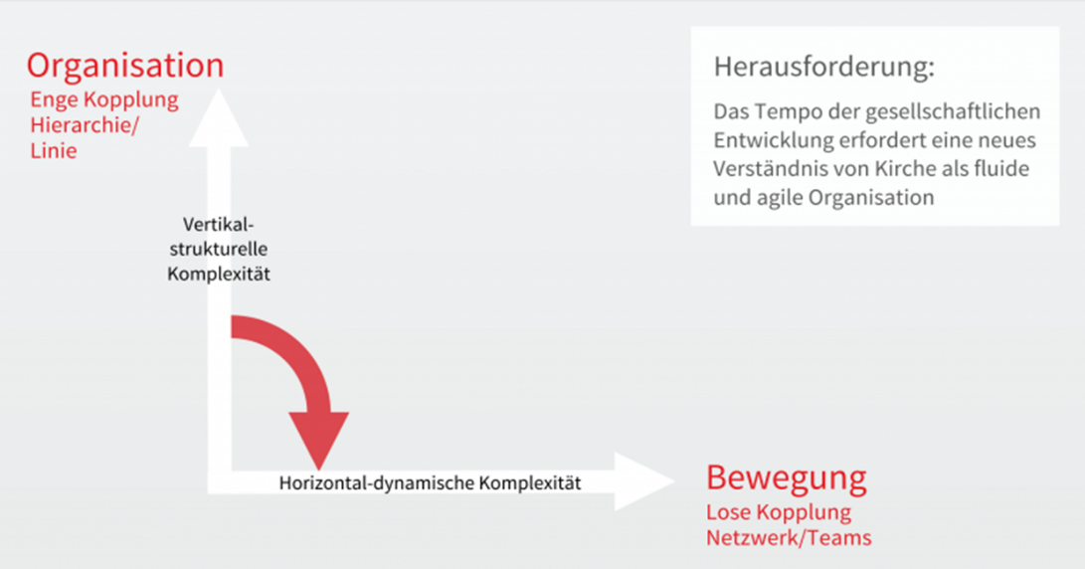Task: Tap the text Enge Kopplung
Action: point(104,100)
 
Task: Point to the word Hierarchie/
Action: point(85,125)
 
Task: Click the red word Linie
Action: point(54,151)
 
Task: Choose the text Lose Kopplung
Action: point(779,513)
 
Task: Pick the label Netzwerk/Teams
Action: point(789,538)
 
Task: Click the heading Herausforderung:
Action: point(824,67)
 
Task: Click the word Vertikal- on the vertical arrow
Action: point(219,224)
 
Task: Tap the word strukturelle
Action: point(219,250)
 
